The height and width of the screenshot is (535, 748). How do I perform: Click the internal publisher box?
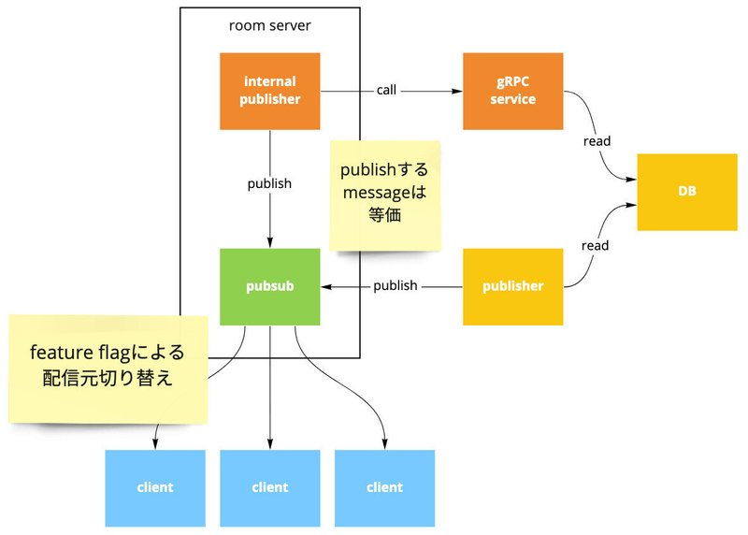pos(269,91)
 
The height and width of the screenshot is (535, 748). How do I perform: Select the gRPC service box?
pos(512,91)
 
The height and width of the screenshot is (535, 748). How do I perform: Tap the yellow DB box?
pos(687,192)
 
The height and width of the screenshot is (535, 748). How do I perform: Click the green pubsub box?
pos(269,287)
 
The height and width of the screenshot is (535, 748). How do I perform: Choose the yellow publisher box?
pos(512,287)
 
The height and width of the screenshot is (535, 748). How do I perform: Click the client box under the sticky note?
pos(155,488)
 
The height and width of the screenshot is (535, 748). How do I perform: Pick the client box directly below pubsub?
pos(269,488)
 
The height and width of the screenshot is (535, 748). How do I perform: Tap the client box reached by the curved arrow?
pos(384,488)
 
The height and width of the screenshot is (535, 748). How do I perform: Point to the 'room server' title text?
pos(269,25)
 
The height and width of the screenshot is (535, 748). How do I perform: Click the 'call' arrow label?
pos(386,90)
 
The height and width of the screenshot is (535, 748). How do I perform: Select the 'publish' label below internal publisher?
pos(269,183)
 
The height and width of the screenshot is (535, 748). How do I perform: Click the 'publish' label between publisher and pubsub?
pos(396,286)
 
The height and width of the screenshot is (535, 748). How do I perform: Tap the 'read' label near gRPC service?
pos(597,141)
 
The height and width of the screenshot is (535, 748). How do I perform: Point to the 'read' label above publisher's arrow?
pos(595,246)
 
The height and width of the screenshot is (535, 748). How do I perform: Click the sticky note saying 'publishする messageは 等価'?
pos(385,195)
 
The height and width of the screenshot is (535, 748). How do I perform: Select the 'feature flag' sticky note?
pos(108,369)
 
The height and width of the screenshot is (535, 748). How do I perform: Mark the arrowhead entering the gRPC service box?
pos(457,91)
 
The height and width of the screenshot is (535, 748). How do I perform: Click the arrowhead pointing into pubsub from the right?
pos(326,287)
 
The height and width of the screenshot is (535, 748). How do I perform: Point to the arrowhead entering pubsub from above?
pos(270,242)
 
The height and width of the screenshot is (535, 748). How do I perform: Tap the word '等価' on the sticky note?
pos(384,215)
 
